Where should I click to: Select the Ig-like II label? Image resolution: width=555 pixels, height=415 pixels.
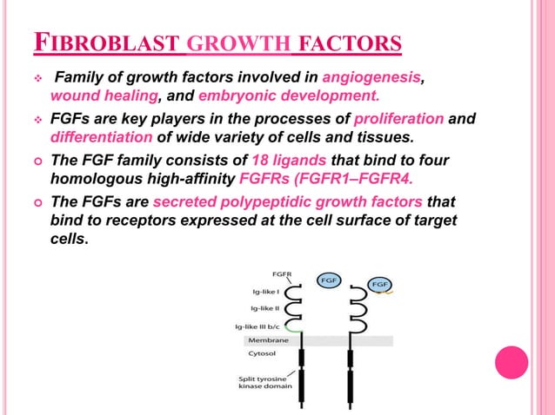[264, 308]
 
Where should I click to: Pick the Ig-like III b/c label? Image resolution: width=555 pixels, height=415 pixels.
[259, 326]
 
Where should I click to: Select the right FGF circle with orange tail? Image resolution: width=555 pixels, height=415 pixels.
[380, 284]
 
